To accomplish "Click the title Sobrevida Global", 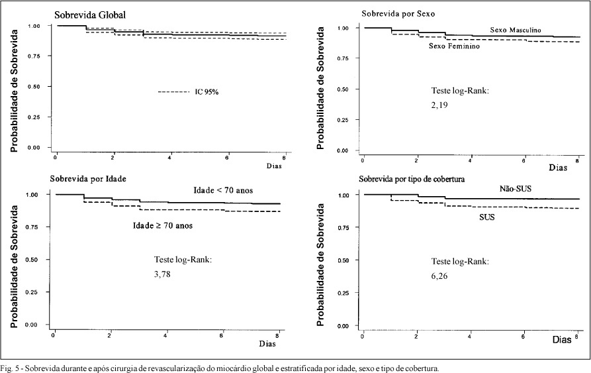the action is click(x=90, y=15).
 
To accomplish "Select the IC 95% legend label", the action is click(x=206, y=91).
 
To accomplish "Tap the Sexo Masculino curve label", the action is click(x=516, y=30).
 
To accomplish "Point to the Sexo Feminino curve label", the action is click(x=454, y=46).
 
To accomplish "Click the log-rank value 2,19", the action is click(x=439, y=105).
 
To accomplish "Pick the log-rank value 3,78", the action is click(x=162, y=274).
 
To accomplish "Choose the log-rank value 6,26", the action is click(x=439, y=276).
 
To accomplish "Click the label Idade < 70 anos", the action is click(x=223, y=190).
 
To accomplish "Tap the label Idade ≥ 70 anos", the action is click(x=162, y=225).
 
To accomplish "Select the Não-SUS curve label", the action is click(x=516, y=189).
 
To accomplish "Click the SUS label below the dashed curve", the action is click(x=487, y=217).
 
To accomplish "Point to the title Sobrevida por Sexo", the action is click(x=398, y=14).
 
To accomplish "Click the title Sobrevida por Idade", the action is click(x=88, y=179).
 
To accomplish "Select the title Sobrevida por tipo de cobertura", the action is click(x=412, y=179).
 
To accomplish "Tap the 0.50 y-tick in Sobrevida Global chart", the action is click(x=34, y=87).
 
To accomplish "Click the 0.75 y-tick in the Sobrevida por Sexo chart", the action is click(x=343, y=58).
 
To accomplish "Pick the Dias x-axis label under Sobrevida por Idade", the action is click(x=267, y=344).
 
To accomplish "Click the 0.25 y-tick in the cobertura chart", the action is click(x=343, y=293).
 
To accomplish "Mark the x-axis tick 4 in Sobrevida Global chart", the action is click(x=170, y=158).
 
